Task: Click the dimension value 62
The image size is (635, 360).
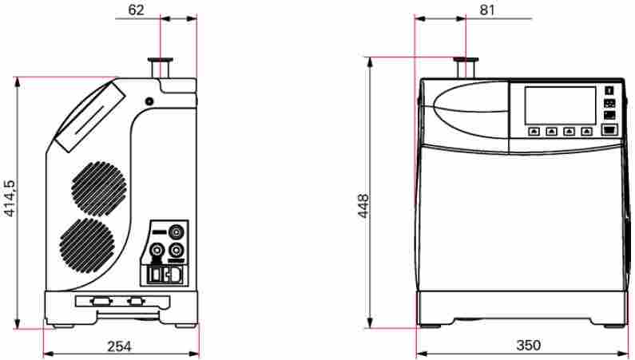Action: point(137,10)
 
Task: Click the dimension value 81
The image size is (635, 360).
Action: point(488,10)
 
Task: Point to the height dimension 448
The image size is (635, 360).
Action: point(363,206)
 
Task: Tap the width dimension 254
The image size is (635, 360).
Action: point(119,346)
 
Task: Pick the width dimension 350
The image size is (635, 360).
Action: point(528,346)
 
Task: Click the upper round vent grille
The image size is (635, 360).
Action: point(99,188)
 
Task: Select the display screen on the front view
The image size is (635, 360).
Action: point(559,105)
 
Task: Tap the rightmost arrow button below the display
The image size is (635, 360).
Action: point(587,131)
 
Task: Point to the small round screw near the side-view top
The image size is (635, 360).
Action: point(149,101)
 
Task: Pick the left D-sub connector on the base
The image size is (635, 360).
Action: point(101,302)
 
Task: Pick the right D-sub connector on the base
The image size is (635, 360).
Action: point(137,302)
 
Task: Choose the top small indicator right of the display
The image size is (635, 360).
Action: point(609,90)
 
